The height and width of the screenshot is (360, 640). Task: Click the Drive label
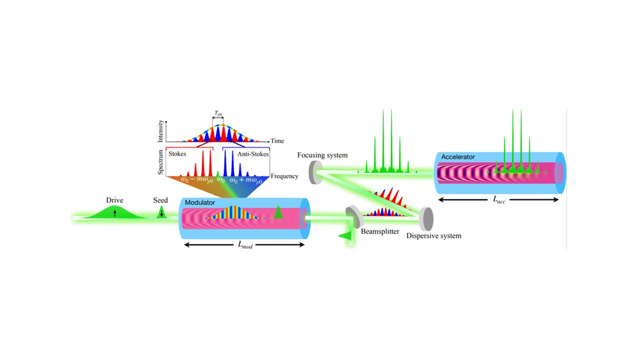click(x=114, y=200)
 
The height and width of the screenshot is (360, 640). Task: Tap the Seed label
click(x=160, y=200)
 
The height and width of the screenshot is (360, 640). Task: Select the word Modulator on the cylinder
click(x=200, y=202)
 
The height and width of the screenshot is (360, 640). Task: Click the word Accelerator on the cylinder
click(x=458, y=157)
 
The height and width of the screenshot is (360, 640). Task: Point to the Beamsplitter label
click(x=379, y=231)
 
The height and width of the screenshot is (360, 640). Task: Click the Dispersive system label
click(x=433, y=235)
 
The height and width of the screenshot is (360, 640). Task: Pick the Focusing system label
click(x=322, y=155)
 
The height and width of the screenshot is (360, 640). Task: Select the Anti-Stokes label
click(x=253, y=154)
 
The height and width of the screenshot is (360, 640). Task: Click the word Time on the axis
click(x=277, y=141)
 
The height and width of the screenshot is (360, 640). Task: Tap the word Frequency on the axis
click(x=284, y=176)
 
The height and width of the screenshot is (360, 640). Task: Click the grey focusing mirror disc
click(x=315, y=172)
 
